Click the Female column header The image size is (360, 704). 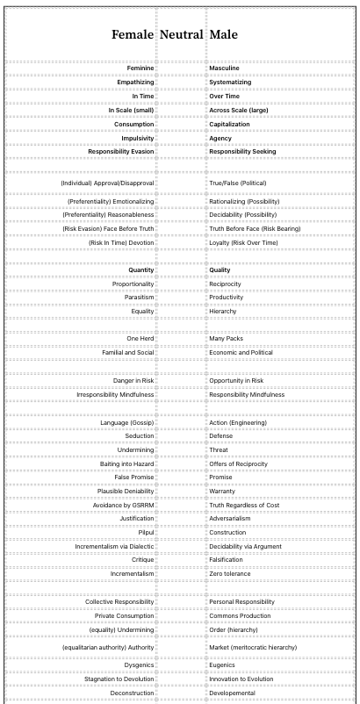[133, 35]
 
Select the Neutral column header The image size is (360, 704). [181, 35]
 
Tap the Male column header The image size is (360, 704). [225, 35]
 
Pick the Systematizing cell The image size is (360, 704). [230, 82]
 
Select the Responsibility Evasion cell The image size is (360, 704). [120, 151]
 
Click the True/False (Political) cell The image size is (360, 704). [237, 183]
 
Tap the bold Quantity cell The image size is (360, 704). [140, 269]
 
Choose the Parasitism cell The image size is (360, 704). [139, 298]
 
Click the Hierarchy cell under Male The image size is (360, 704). [223, 311]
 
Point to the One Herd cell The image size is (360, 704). [140, 338]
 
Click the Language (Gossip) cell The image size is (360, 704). [127, 422]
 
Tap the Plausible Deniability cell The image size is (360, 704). [126, 491]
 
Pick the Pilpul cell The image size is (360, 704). [146, 532]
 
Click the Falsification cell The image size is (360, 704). [226, 559]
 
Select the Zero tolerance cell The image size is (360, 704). [229, 573]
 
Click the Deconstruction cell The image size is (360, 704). [132, 692]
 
